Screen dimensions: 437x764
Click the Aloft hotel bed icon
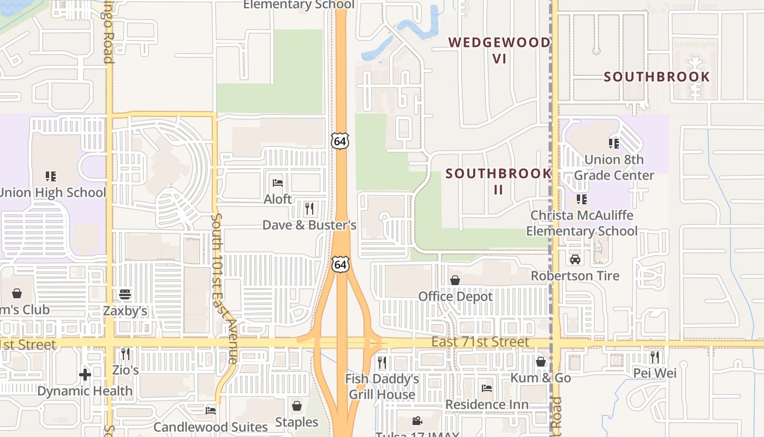tap(278, 182)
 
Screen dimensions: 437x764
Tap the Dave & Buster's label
tap(309, 225)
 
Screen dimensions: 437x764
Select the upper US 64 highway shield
tap(340, 141)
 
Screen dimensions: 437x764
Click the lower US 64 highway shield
tap(341, 265)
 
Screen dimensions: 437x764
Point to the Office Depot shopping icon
tap(455, 280)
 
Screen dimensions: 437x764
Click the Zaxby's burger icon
tap(125, 294)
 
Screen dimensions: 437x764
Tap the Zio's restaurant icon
tap(126, 354)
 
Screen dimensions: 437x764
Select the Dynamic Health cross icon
tap(85, 375)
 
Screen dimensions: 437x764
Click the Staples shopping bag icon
tap(297, 406)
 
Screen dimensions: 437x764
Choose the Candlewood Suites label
tap(211, 427)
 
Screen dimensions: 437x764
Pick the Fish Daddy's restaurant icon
tap(382, 362)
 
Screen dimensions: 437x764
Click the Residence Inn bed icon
tap(487, 388)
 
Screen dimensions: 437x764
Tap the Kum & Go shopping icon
tap(541, 362)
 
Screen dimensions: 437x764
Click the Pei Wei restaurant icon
tap(654, 357)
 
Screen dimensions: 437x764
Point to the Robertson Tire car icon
tap(575, 259)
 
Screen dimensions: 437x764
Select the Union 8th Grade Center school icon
tap(614, 144)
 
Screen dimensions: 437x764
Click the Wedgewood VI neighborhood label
tap(499, 50)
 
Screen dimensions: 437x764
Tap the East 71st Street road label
tap(480, 342)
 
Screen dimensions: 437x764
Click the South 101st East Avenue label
tap(224, 289)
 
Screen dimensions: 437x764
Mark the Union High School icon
tap(51, 176)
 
